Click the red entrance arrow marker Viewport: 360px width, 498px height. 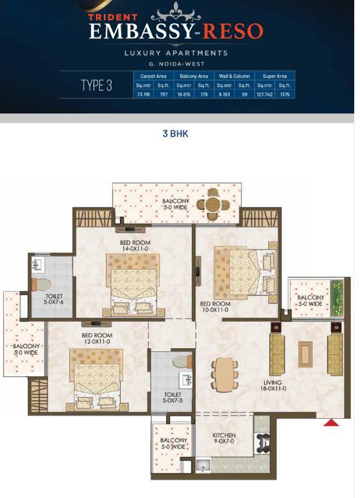pos(331,423)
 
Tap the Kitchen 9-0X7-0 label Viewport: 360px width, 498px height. pos(224,438)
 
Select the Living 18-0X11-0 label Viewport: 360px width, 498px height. pos(273,385)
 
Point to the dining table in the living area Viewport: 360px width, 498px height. pos(224,375)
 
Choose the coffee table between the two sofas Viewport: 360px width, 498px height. pos(306,355)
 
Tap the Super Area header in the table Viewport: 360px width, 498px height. pos(275,77)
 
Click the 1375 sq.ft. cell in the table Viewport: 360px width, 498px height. pos(285,94)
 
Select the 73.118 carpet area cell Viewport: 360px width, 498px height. pos(143,94)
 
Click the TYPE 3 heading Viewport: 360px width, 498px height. pos(97,86)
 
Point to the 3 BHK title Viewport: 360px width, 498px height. pos(175,134)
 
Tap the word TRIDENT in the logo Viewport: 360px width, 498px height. pos(113,17)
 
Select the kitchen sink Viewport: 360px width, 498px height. pos(203,465)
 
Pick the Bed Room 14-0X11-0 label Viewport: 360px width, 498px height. pos(135,246)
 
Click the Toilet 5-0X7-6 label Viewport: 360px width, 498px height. pos(54,299)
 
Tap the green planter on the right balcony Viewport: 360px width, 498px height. pos(337,298)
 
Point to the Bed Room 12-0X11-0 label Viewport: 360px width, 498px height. pos(96,338)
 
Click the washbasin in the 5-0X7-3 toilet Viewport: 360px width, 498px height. pos(186,380)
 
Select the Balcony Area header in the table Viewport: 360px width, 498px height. pos(194,77)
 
